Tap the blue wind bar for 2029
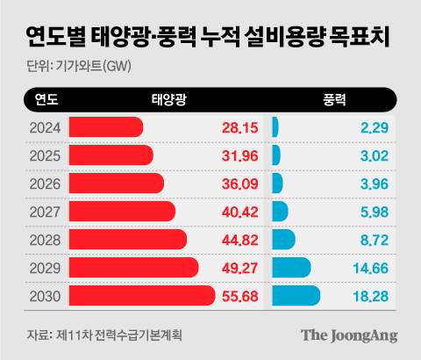[x=291, y=268]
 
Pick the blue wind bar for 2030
[x=296, y=296]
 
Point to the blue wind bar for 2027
[x=281, y=212]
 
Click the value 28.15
[x=239, y=128]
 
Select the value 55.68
[x=239, y=296]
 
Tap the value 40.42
[x=239, y=212]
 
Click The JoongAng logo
[x=349, y=335]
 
